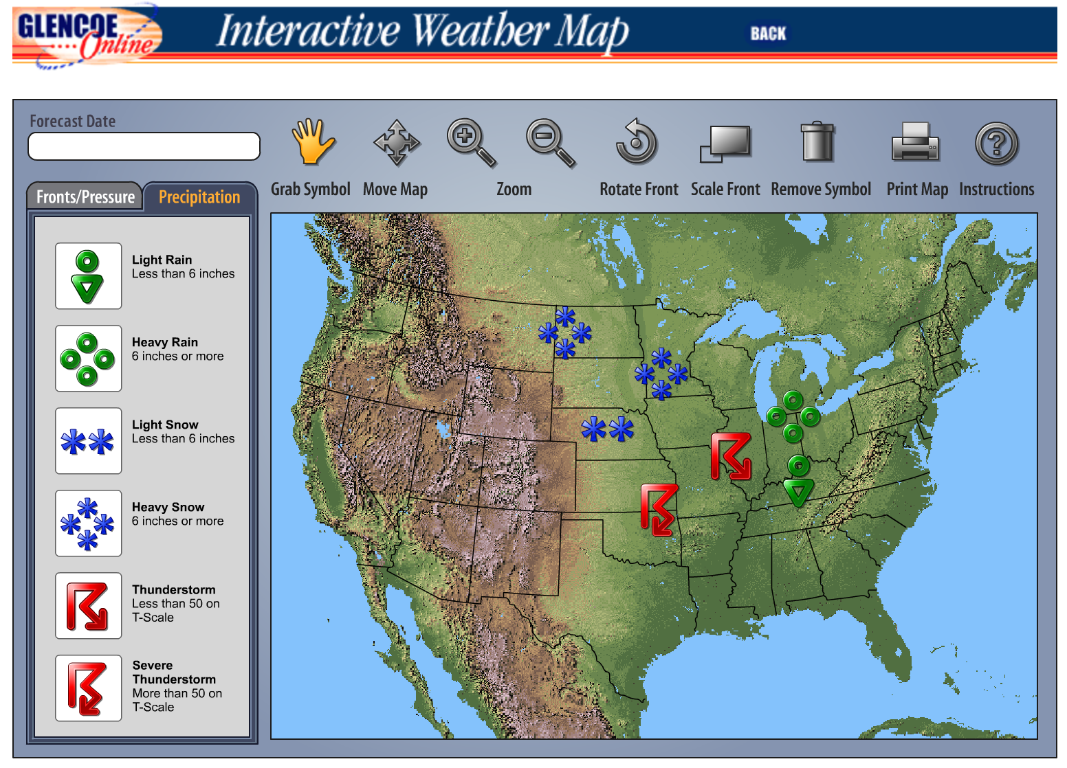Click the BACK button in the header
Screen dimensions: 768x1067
767,34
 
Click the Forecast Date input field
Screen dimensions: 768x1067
144,146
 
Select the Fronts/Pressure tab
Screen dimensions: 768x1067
85,197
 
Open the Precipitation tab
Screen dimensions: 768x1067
199,197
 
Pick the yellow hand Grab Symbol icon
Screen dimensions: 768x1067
312,142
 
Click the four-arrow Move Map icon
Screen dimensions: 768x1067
396,143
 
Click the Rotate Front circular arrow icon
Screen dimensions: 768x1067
637,142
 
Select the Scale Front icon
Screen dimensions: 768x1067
725,143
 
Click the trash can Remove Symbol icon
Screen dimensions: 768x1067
817,142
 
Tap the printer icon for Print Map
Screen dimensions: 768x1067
915,143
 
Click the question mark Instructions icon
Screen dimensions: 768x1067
996,144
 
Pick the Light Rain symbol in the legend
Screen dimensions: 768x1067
88,276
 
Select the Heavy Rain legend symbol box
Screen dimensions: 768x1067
88,359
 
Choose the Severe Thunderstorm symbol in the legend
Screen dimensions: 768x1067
88,688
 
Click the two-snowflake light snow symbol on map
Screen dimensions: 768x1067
607,429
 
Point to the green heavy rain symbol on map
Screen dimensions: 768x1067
793,416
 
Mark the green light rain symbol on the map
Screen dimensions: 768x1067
798,481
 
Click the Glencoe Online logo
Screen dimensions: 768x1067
86,36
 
